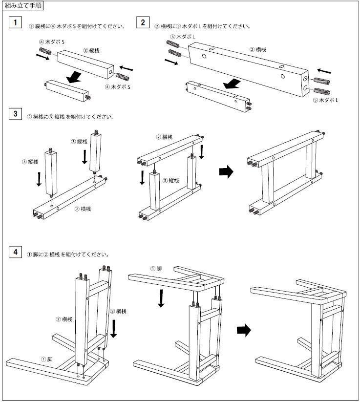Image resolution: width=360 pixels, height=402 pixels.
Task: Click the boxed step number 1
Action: point(16,23)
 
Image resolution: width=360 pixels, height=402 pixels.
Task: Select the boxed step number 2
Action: point(142,23)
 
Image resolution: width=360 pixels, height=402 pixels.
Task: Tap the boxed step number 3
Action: point(16,114)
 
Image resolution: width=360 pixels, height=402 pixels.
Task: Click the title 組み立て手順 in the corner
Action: point(23,6)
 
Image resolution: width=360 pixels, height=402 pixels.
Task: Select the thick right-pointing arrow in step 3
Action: point(225,171)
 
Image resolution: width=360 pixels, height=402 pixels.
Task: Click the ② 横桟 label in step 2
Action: point(257,49)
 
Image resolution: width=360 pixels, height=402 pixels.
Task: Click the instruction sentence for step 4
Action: point(68,254)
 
